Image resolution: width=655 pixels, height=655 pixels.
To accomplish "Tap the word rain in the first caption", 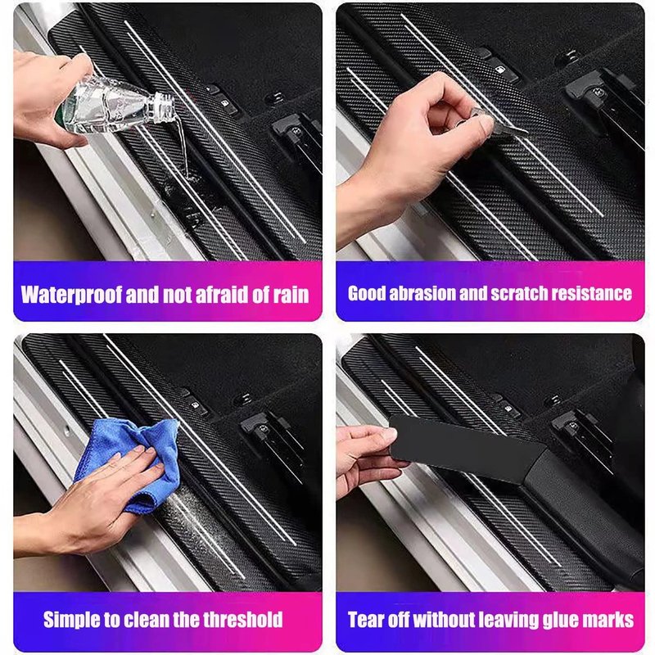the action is pyautogui.click(x=291, y=295).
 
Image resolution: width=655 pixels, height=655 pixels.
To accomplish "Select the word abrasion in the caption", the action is pyautogui.click(x=422, y=293).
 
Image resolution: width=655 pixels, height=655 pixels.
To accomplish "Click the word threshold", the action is pyautogui.click(x=242, y=620).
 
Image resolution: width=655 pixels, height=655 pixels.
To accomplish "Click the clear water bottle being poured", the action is pyautogui.click(x=115, y=106).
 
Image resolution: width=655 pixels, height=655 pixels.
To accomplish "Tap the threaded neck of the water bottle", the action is pyautogui.click(x=163, y=108).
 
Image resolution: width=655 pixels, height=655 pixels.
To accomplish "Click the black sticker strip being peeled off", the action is pyautogui.click(x=466, y=449).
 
